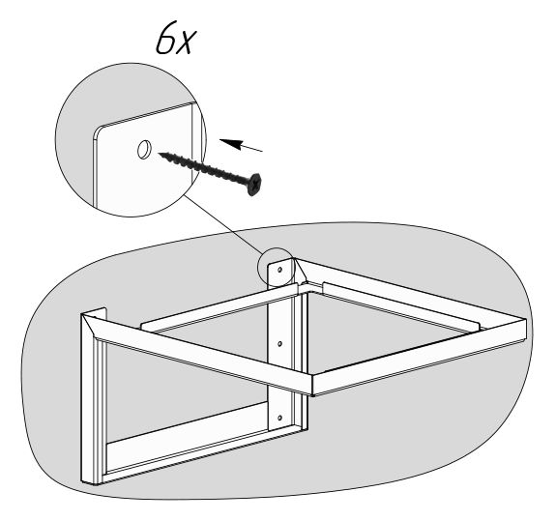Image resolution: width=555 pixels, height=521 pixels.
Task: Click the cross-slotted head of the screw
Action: (254, 184)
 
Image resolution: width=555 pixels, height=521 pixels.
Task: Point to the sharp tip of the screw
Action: (159, 154)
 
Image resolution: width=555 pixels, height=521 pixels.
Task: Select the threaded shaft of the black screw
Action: (203, 168)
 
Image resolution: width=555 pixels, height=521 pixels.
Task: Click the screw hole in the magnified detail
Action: (144, 149)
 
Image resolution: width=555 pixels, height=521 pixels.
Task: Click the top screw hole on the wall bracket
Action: (279, 270)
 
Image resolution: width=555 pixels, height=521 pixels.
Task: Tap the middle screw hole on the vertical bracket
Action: (279, 344)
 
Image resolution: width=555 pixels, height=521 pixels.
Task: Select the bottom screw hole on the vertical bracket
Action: (279, 418)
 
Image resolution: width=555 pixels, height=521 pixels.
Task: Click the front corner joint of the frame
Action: (312, 385)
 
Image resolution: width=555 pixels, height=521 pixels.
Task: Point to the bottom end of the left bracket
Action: (91, 482)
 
